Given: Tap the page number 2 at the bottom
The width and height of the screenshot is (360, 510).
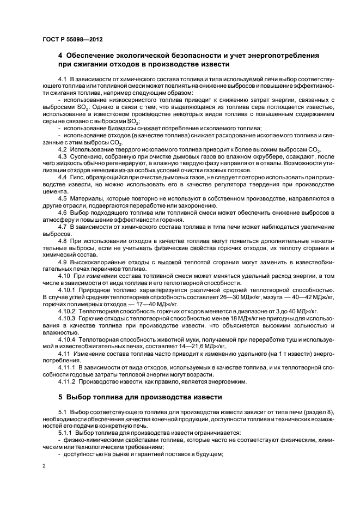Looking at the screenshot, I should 44,466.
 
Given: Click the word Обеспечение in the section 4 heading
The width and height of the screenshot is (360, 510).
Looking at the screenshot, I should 94,56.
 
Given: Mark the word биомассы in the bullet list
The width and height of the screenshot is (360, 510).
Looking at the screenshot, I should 112,128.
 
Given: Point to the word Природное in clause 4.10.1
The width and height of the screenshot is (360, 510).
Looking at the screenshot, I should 94,290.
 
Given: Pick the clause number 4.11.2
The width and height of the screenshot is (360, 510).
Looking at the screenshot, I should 66,381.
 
